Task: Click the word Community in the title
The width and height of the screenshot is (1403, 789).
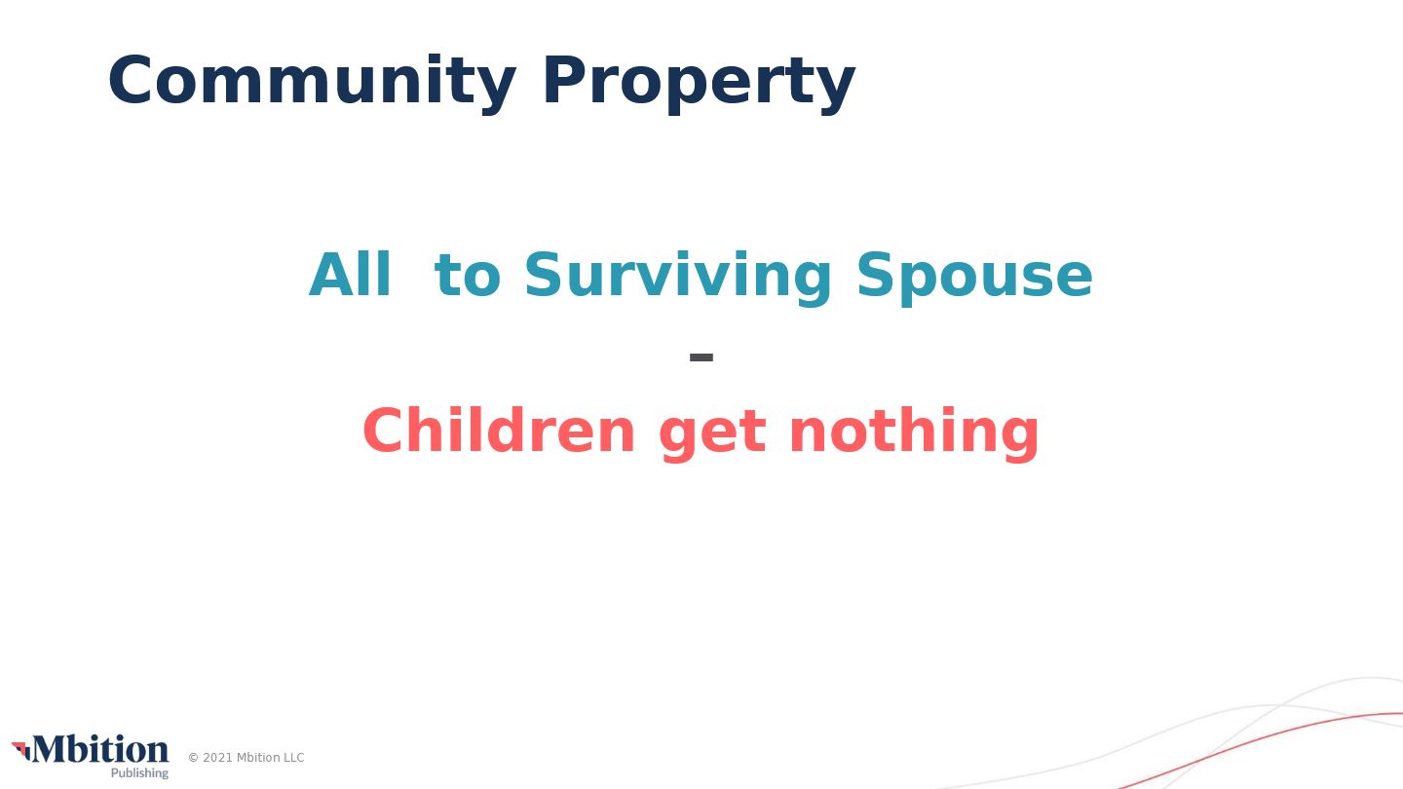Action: (312, 82)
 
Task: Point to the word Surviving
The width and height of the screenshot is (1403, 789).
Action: (678, 278)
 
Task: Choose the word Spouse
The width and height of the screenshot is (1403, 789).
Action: (974, 278)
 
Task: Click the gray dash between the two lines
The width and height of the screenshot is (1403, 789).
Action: (701, 357)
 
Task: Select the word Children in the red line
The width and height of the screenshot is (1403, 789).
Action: (499, 430)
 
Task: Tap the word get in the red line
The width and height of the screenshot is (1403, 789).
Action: (713, 434)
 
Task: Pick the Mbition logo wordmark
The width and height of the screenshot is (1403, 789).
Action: (100, 750)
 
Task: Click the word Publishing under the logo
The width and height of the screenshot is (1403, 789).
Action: (139, 773)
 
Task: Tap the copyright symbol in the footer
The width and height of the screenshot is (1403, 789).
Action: (194, 758)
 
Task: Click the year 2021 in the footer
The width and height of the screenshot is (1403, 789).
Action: (216, 758)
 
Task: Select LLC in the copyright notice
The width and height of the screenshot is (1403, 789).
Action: (292, 758)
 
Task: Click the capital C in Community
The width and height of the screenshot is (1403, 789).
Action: (130, 80)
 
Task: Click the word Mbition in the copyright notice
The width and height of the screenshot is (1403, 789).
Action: (258, 758)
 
